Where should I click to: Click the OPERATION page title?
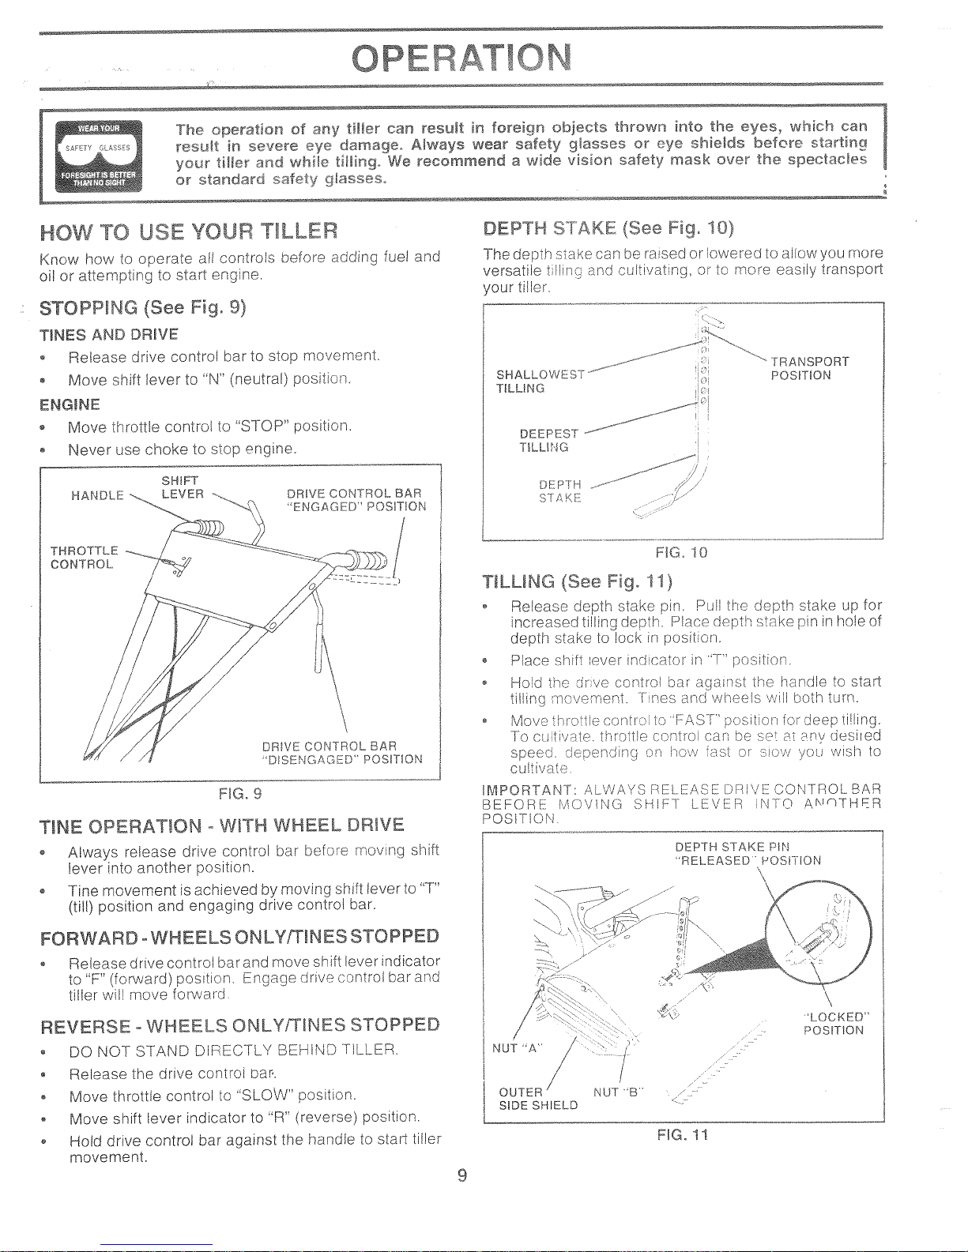(461, 58)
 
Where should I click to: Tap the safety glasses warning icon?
(99, 156)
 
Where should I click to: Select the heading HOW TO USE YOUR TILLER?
(188, 231)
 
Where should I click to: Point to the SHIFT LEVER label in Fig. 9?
(183, 487)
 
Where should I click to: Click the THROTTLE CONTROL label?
(84, 557)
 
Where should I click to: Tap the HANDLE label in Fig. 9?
(97, 495)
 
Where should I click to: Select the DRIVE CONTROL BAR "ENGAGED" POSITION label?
(356, 500)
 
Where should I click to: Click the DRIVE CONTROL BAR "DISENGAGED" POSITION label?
(342, 753)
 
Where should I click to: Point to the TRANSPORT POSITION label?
(809, 368)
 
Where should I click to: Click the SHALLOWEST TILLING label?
(540, 382)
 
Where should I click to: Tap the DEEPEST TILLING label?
(548, 440)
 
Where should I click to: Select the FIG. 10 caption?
(681, 553)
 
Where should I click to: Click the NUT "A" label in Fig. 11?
(517, 1048)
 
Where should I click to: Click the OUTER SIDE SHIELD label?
(538, 1098)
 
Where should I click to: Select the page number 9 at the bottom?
(462, 1176)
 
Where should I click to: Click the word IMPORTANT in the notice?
(526, 789)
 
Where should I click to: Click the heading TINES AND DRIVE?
(109, 335)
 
